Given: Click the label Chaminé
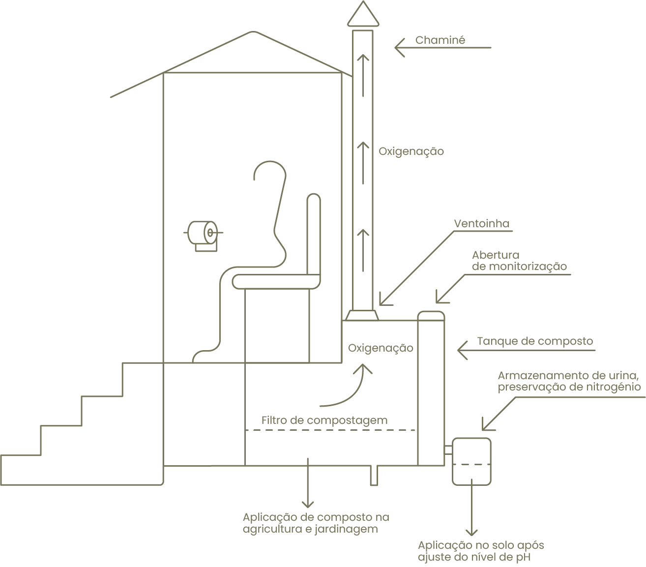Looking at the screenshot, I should (440, 40).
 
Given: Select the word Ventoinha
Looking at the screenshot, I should (481, 224).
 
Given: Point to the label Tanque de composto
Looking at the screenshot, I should (535, 341).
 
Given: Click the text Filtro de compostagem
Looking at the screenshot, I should (324, 420).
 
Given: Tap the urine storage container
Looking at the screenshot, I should (471, 461).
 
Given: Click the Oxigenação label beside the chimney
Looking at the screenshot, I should (411, 151).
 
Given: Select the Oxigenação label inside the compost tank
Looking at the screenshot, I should (381, 348).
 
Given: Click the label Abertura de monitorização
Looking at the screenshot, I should (519, 261).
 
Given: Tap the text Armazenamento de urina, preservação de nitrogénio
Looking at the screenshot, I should (569, 382).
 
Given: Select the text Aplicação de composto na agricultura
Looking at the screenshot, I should (316, 523).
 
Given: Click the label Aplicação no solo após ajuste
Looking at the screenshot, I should (481, 551).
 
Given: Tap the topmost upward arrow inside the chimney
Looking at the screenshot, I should (363, 74).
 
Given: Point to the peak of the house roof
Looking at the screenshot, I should (253, 32).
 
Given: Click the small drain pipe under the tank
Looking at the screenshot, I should (374, 476).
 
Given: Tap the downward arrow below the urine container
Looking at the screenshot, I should (471, 511).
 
